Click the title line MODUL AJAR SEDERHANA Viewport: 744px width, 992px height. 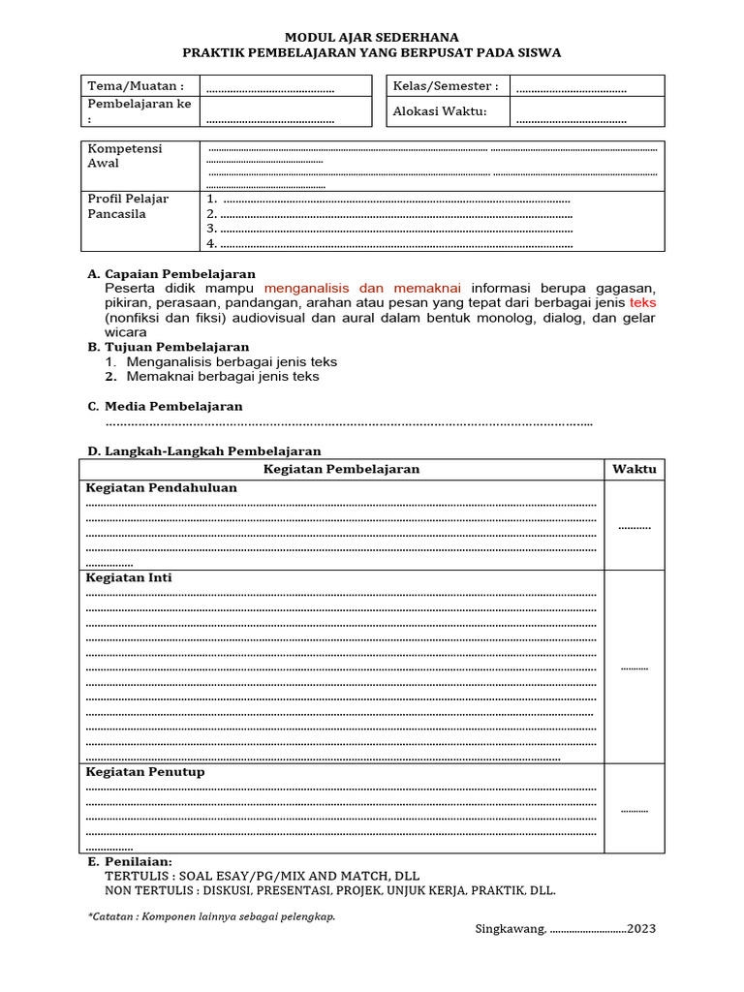point(371,37)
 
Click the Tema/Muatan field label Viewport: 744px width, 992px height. point(136,86)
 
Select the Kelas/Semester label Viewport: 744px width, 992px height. point(446,86)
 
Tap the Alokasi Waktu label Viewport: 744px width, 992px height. point(439,111)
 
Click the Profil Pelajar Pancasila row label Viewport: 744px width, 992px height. point(128,206)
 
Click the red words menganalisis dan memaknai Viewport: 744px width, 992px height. point(362,289)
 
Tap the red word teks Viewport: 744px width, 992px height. point(642,303)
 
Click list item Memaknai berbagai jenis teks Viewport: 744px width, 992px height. point(222,376)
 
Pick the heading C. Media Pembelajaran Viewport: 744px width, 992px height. point(165,406)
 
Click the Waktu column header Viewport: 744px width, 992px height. point(635,469)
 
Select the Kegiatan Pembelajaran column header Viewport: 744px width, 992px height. point(342,469)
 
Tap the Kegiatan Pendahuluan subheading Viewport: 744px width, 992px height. point(162,488)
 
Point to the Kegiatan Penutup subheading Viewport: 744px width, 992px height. point(145,772)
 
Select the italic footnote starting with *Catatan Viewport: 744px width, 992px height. point(211,916)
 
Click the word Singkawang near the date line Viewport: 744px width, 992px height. point(510,929)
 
